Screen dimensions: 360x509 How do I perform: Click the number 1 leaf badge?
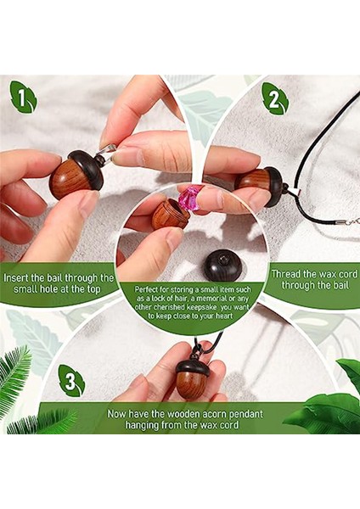pos(24,97)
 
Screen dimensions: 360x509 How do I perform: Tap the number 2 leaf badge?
pos(275,98)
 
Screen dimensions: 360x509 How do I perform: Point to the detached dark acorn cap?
pos(223,266)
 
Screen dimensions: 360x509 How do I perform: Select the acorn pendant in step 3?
pos(193,378)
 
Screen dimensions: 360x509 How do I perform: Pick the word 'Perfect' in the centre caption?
pos(145,289)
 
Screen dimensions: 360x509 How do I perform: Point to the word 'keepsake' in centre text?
pos(204,307)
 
